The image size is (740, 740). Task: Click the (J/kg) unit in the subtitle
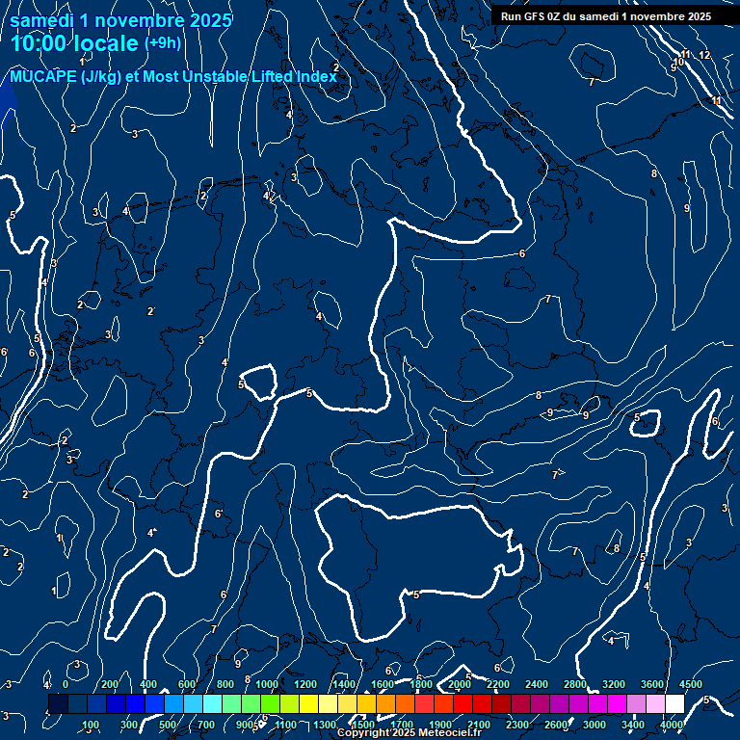tap(101, 77)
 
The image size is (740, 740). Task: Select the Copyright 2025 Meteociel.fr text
tap(409, 733)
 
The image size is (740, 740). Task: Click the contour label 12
tap(704, 55)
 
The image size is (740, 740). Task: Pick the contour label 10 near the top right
tap(678, 62)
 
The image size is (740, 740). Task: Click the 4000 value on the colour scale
tap(672, 725)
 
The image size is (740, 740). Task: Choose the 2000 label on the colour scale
tap(460, 684)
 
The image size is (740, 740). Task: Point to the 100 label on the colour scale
tap(92, 725)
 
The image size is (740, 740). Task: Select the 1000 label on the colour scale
tap(267, 684)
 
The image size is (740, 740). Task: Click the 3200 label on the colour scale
tap(614, 684)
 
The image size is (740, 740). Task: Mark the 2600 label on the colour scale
tap(556, 725)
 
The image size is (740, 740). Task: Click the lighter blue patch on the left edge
tap(7, 101)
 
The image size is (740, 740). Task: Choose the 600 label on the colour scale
tap(187, 684)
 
